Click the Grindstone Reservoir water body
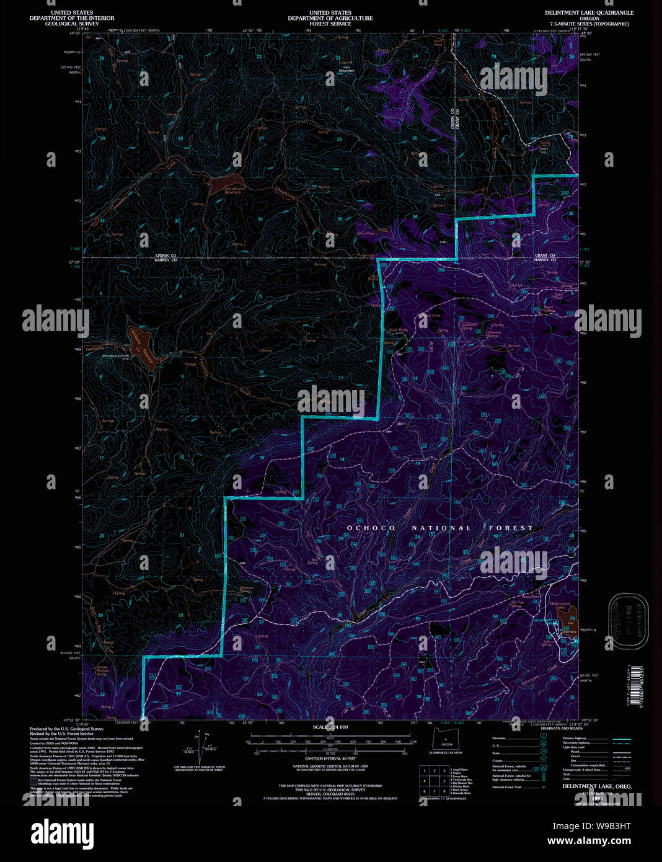click(x=219, y=185)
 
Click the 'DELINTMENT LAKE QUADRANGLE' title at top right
click(x=589, y=13)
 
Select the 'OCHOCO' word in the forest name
click(x=371, y=528)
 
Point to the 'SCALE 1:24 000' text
click(x=330, y=727)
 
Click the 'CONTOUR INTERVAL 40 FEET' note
click(x=330, y=758)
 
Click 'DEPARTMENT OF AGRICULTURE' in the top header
click(x=330, y=19)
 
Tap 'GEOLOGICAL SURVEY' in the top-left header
click(x=72, y=24)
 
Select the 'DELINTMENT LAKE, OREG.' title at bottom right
click(x=588, y=786)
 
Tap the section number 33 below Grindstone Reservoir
click(x=177, y=221)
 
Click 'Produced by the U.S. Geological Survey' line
click(x=66, y=729)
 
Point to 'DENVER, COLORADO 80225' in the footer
click(x=330, y=794)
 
